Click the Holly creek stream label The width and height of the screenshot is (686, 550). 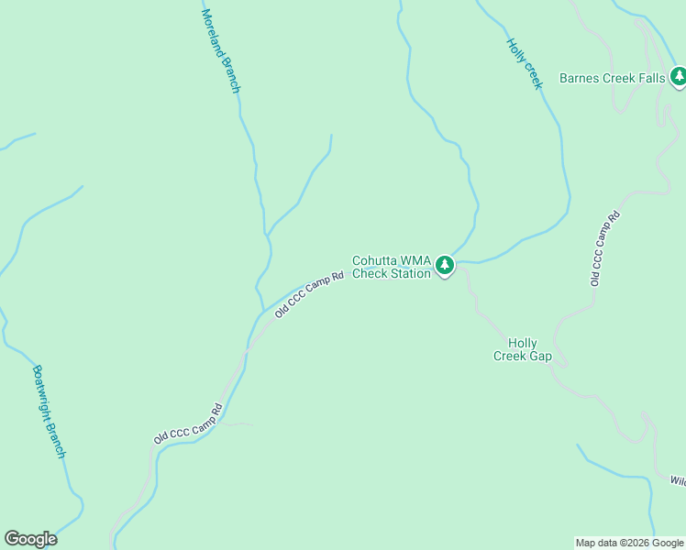(525, 62)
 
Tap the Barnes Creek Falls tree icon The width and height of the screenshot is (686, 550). (678, 78)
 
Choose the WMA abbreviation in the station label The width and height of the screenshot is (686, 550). (416, 260)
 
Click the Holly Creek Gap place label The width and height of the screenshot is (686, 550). (523, 349)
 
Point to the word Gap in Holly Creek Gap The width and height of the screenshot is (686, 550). (540, 356)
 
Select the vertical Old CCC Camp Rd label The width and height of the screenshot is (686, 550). (605, 247)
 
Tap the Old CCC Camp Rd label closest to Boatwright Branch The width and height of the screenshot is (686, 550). (188, 424)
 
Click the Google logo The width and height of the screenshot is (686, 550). (30, 539)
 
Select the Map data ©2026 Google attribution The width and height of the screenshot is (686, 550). (629, 543)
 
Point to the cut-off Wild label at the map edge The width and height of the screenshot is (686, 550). (677, 480)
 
